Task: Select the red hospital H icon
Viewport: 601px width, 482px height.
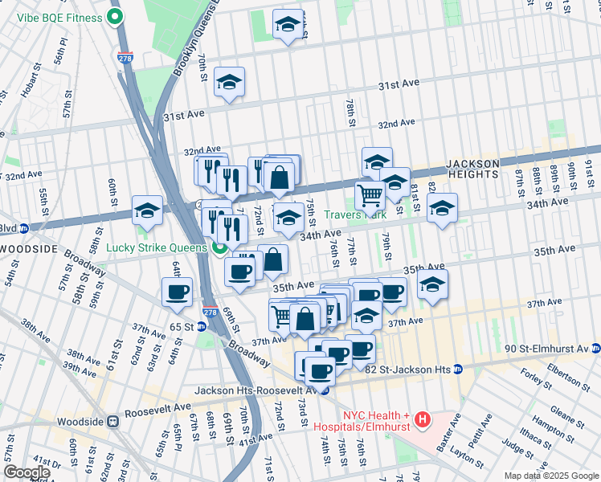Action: tap(423, 419)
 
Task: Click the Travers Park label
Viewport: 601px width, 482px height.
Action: tap(356, 215)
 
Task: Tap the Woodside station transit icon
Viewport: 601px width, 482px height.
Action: tap(114, 420)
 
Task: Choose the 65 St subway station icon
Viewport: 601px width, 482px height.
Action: tap(201, 327)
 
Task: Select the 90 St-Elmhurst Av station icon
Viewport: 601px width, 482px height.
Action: tap(595, 349)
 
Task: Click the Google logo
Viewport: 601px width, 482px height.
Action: tap(26, 472)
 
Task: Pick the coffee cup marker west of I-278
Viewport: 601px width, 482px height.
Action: tap(177, 292)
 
